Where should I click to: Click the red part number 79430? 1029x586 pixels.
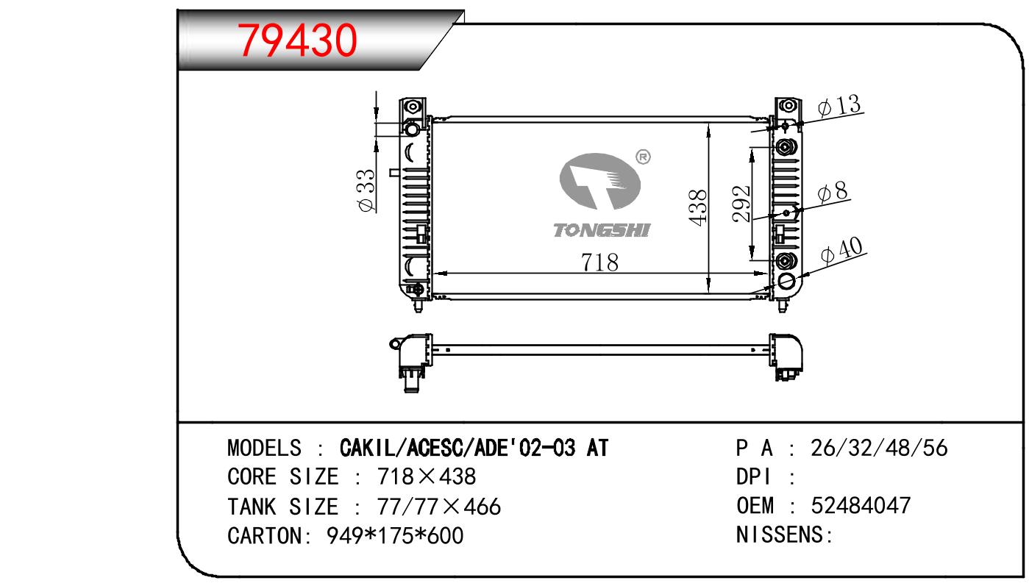(x=297, y=40)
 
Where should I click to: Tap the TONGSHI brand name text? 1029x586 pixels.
(x=602, y=230)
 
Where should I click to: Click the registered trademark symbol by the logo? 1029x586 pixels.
(x=643, y=157)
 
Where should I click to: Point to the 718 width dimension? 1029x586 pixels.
(x=599, y=262)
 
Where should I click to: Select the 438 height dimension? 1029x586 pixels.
(x=698, y=207)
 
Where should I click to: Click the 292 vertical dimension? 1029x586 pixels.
(x=741, y=204)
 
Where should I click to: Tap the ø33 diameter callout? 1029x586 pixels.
(x=366, y=191)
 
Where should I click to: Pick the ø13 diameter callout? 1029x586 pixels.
(x=839, y=106)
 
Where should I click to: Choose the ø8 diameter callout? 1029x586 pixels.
(x=833, y=192)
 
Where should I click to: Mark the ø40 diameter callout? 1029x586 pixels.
(x=841, y=251)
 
